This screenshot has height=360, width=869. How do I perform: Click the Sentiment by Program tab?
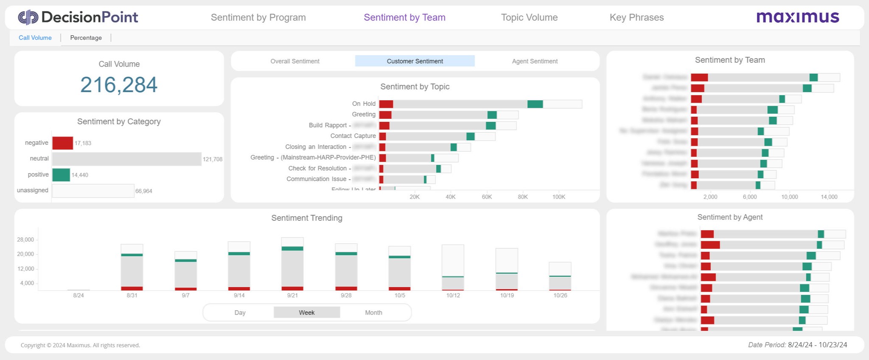coord(258,17)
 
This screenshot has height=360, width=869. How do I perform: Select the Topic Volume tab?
coord(529,17)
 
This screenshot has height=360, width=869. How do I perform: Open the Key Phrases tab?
coord(636,17)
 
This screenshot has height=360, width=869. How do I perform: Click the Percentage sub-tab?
coord(86,38)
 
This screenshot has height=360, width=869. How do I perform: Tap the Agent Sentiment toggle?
coord(535,61)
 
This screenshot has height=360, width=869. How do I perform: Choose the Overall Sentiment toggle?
coord(295,61)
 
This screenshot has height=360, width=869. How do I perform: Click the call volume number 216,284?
coord(119,84)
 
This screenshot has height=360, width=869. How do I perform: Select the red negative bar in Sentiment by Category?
coord(62,143)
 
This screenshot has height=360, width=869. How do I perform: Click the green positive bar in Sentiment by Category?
coord(61,175)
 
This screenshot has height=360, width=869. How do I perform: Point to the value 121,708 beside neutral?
coord(212,159)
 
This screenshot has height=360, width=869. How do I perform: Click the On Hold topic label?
coord(364,104)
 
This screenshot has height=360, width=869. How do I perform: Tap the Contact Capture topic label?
coord(353,136)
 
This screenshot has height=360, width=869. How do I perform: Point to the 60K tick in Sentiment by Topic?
coord(487,197)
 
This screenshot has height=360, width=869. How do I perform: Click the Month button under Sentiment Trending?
coord(373,312)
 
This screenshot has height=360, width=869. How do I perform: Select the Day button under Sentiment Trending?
coord(240,312)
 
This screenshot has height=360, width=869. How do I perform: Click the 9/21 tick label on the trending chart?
coord(292,295)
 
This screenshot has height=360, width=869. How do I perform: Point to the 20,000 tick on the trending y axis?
coord(25,254)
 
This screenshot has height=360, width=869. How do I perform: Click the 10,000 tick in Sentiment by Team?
coord(789,197)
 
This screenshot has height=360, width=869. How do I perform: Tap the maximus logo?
coord(798,17)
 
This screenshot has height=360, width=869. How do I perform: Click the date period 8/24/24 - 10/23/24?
coord(817,345)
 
